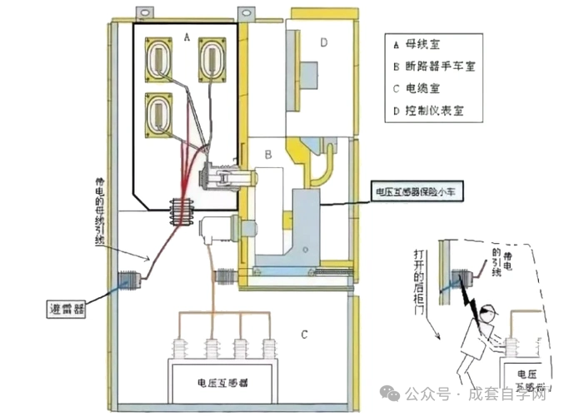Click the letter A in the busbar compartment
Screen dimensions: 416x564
tap(187, 37)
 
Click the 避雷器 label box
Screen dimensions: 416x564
tap(68, 310)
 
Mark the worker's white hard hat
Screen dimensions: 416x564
tap(492, 313)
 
